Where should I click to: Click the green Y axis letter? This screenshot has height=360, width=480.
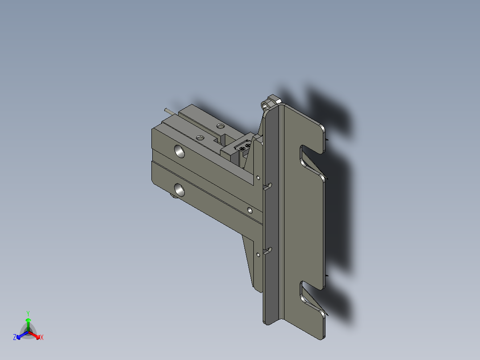tap(28, 313)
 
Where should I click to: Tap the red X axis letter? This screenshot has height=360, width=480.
tap(42, 338)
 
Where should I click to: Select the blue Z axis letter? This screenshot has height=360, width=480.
tap(15, 338)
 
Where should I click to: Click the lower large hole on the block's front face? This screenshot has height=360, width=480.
tap(180, 190)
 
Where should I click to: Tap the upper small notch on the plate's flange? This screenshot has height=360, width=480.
tap(268, 185)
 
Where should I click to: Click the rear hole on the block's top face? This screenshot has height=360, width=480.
tap(220, 127)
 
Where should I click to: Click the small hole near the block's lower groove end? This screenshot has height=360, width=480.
tap(250, 209)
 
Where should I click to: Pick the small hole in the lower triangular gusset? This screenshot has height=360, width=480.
tap(258, 254)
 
